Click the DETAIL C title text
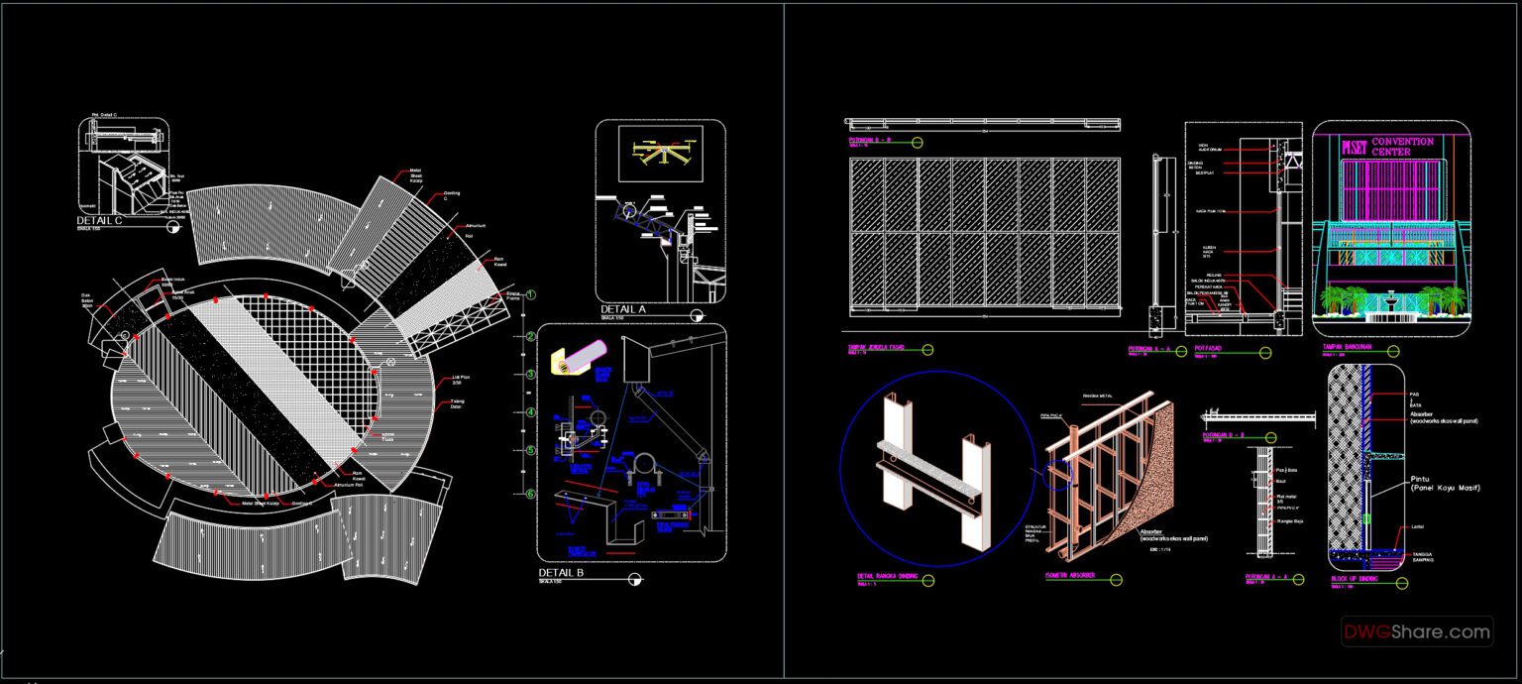[x=99, y=221]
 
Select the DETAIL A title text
[x=623, y=309]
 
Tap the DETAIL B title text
[x=561, y=573]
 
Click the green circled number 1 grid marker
[x=531, y=295]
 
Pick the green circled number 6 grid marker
[x=531, y=494]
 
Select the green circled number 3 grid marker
[x=531, y=375]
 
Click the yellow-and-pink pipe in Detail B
[x=583, y=358]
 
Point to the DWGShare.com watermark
[x=1417, y=630]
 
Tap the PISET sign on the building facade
[x=1354, y=148]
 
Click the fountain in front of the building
[x=1392, y=300]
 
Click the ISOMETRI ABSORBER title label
[x=1071, y=574]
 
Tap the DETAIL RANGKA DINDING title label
[x=887, y=575]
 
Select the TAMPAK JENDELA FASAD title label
[x=878, y=348]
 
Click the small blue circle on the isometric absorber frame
[x=1060, y=473]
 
